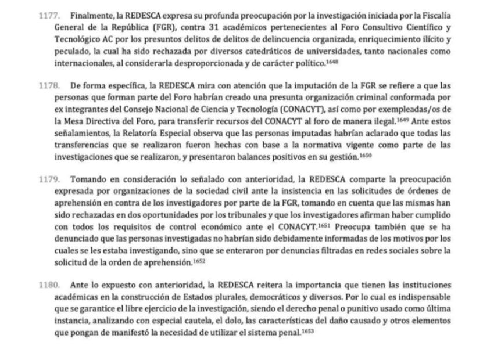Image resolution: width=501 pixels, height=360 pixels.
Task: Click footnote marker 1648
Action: (332, 61)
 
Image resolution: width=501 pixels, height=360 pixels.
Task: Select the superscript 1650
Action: (365, 155)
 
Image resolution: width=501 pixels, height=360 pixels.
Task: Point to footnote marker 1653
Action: (308, 331)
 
